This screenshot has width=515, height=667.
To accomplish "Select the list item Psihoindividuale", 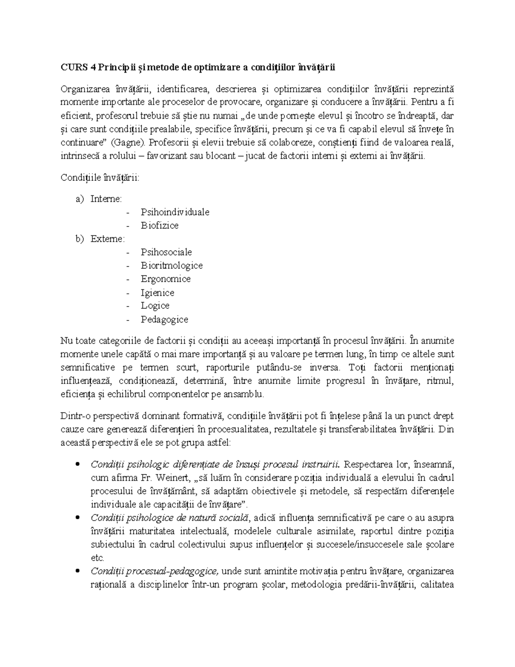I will click(x=175, y=212).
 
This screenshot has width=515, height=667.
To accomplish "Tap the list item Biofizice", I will click(x=159, y=225).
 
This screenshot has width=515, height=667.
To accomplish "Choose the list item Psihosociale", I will click(x=166, y=252).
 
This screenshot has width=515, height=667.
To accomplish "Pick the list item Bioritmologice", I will click(x=172, y=265).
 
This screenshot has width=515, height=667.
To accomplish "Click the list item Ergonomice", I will click(x=166, y=279).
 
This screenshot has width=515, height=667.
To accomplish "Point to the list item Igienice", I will click(x=158, y=292).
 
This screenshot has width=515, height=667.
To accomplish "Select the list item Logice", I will click(x=155, y=306).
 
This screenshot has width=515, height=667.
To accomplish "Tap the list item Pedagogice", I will click(x=164, y=320).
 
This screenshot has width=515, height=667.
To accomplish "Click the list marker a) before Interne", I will click(x=79, y=199).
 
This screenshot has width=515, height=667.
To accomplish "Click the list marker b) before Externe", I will click(x=79, y=239).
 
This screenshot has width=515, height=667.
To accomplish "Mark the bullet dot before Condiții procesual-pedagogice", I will click(x=77, y=571).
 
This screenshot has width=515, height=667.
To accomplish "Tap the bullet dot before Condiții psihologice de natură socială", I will click(x=77, y=518).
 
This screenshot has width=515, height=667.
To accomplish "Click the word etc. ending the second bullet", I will click(x=97, y=558).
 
